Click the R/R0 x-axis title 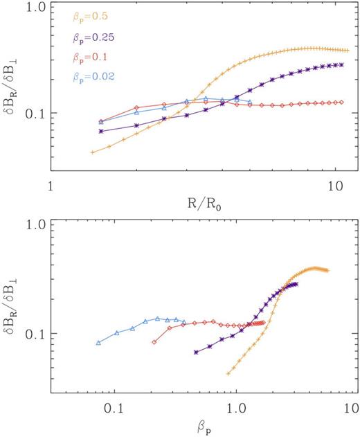pyautogui.click(x=199, y=205)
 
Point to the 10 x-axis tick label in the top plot pyautogui.click(x=334, y=187)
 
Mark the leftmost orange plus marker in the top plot pyautogui.click(x=92, y=152)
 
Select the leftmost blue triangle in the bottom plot pyautogui.click(x=98, y=343)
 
